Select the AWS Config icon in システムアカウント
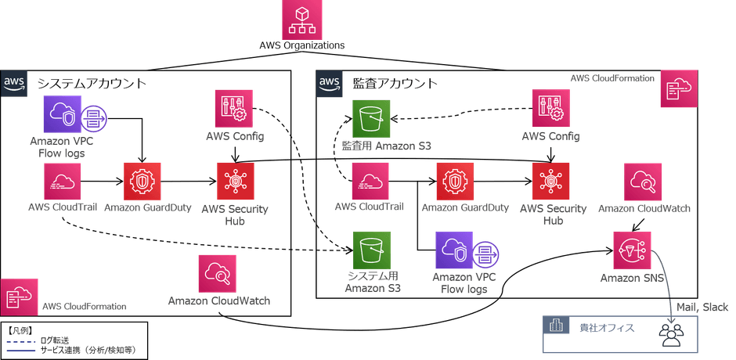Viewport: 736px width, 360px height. click(x=232, y=110)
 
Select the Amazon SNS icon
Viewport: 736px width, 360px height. click(x=633, y=249)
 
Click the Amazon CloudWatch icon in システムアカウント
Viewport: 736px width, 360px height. click(x=217, y=274)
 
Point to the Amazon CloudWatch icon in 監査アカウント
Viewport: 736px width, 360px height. click(x=643, y=182)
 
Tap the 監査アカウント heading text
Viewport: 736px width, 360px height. click(x=384, y=83)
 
